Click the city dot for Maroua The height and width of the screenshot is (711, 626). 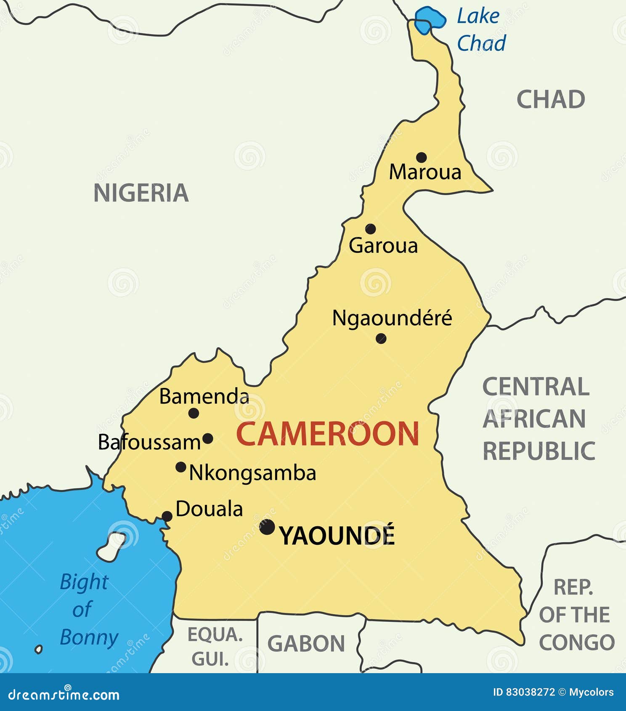point(421,157)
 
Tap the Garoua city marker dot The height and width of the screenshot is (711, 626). point(370,229)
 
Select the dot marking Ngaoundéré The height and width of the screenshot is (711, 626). point(381,338)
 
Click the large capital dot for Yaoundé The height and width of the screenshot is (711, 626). point(267,527)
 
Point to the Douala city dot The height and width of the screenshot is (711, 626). point(167,516)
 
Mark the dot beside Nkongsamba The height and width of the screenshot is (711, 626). point(181,467)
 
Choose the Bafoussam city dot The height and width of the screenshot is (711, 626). point(208,439)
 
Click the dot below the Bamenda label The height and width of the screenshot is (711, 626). point(194,413)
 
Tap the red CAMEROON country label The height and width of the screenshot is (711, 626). point(327,434)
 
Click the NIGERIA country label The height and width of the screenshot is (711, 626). point(141,193)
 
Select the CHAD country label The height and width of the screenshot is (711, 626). point(551,100)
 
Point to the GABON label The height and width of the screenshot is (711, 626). point(306,644)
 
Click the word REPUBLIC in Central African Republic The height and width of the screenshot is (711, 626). point(538,451)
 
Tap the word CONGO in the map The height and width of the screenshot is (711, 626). point(577,642)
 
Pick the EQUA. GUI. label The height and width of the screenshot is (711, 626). point(215,646)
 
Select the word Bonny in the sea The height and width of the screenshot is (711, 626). point(89,637)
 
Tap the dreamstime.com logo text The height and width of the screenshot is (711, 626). point(64,695)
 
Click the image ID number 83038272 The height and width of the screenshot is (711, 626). point(530,692)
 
